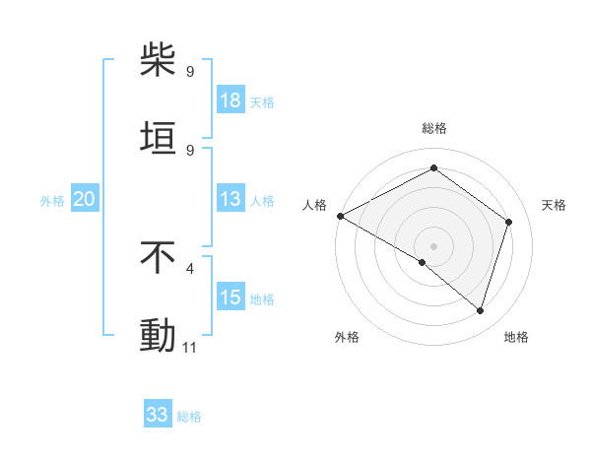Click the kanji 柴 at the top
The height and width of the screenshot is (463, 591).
(x=158, y=60)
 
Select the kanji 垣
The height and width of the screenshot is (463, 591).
(x=158, y=138)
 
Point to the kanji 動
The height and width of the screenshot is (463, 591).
(x=158, y=336)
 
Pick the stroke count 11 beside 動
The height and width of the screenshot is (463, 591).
(x=190, y=348)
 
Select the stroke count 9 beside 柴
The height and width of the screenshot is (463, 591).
(x=190, y=72)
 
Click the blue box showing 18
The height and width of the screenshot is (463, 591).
(x=230, y=100)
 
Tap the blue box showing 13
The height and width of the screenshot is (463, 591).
(x=230, y=200)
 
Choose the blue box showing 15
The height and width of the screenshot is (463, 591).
(x=230, y=298)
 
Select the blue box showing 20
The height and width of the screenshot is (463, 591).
(x=85, y=200)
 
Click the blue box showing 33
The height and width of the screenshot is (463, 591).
(x=158, y=415)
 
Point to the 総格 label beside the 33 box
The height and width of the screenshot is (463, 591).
(x=189, y=417)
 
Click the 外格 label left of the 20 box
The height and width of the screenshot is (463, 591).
(x=52, y=201)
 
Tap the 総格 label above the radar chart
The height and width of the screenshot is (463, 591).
(x=433, y=128)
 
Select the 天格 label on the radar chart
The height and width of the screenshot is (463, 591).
(x=555, y=205)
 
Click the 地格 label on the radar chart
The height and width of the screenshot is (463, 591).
(x=516, y=338)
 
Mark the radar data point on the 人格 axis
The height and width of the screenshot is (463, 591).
(x=340, y=216)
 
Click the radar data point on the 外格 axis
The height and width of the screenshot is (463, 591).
(x=423, y=262)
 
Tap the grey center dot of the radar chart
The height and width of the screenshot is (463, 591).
(x=433, y=245)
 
